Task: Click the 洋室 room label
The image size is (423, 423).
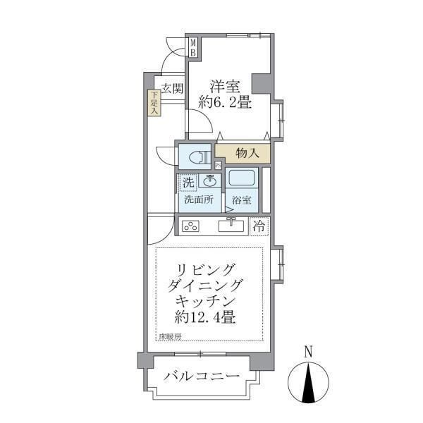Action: [x=225, y=87]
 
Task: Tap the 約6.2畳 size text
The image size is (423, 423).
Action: [x=225, y=102]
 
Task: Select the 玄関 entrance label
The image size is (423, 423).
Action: [x=172, y=89]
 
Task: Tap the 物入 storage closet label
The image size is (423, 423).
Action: [x=247, y=152]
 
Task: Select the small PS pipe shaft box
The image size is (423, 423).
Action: [x=219, y=166]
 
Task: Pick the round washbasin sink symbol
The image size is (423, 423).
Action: [x=210, y=180]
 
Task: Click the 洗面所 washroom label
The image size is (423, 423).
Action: [x=198, y=200]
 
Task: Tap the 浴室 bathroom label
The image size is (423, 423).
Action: [x=241, y=200]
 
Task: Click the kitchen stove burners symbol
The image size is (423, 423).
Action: [x=190, y=226]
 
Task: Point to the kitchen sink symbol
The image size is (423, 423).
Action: [x=231, y=226]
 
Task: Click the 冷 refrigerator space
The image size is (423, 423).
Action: [x=259, y=226]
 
